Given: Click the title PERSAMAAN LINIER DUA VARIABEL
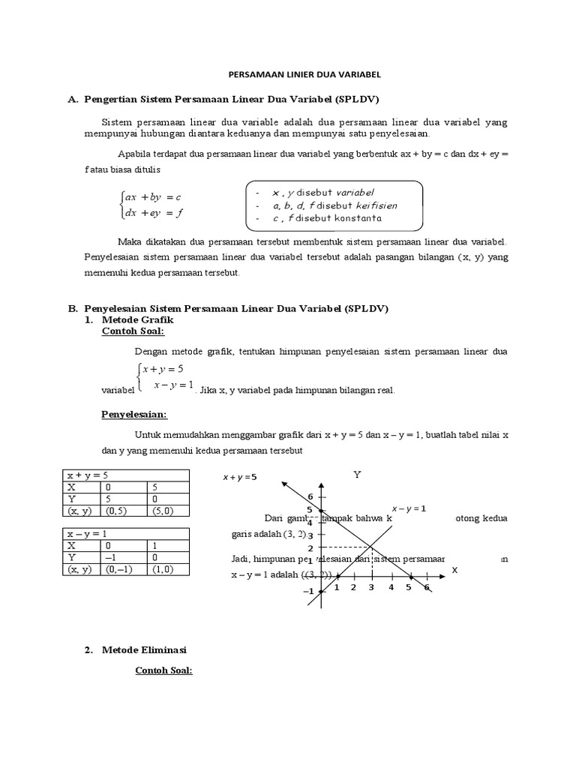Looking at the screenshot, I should pyautogui.click(x=304, y=75).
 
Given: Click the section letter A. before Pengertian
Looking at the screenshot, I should pyautogui.click(x=73, y=99).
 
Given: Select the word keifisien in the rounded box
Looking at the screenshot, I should pyautogui.click(x=373, y=205).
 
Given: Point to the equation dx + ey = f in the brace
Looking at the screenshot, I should pyautogui.click(x=154, y=213).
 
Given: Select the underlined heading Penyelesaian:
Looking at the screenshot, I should pyautogui.click(x=134, y=414).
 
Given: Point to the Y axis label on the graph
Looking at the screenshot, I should pyautogui.click(x=357, y=475).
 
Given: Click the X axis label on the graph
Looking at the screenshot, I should pyautogui.click(x=454, y=570).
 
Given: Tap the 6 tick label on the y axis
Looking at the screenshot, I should pyautogui.click(x=308, y=496).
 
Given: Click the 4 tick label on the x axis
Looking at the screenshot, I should pyautogui.click(x=391, y=587).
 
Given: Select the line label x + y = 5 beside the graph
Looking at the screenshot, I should pyautogui.click(x=240, y=477).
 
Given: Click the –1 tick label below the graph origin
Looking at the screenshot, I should pyautogui.click(x=308, y=592).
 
